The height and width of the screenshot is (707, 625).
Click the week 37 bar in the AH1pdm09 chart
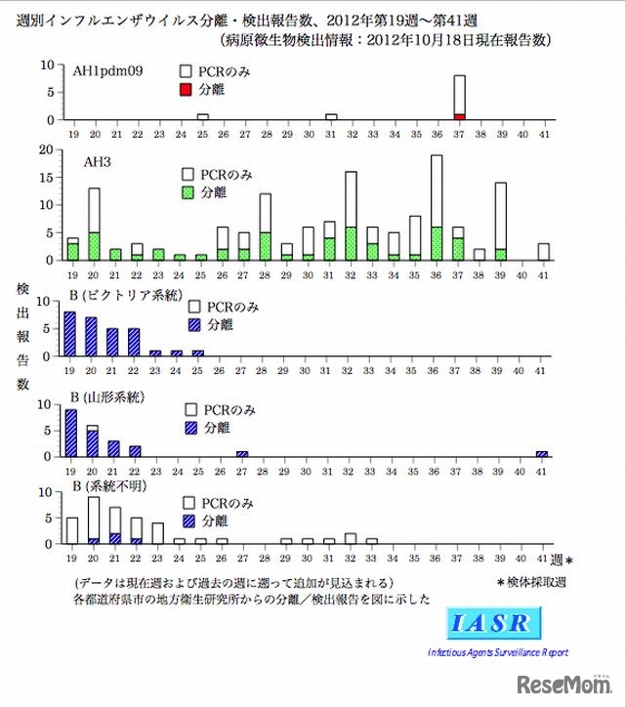tap(459, 97)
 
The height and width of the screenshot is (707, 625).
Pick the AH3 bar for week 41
tap(543, 252)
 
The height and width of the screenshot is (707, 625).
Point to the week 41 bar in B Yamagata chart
tap(543, 453)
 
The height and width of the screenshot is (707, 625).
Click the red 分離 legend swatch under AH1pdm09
tap(187, 90)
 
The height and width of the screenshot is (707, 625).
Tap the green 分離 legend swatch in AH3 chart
tap(187, 193)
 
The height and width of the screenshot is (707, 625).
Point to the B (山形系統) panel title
tap(106, 397)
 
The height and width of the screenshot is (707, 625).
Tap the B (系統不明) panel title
tap(106, 486)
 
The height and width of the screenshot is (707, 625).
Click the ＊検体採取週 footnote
tap(533, 582)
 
